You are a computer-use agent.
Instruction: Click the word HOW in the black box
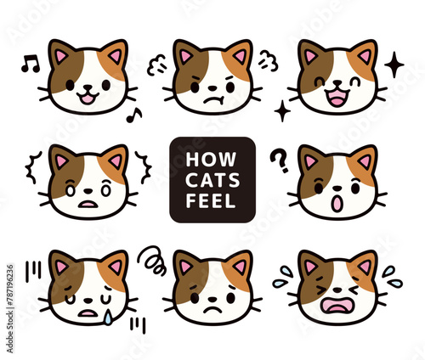click(x=211, y=160)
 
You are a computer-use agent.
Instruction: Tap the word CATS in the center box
click(x=212, y=180)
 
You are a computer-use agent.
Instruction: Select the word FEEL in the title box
click(x=211, y=201)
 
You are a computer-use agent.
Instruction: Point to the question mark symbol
click(x=279, y=160)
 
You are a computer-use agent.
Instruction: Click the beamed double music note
click(x=31, y=64)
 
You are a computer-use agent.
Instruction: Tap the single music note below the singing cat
click(x=133, y=115)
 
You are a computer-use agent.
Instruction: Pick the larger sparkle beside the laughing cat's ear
click(x=394, y=65)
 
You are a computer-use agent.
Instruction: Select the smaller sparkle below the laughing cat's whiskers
click(x=282, y=111)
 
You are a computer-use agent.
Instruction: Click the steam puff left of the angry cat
click(x=156, y=65)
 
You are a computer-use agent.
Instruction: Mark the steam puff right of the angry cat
click(x=269, y=60)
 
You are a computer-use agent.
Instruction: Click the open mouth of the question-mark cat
click(x=337, y=204)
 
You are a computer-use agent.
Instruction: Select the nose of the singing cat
click(x=88, y=87)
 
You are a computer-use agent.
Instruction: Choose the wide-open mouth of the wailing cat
click(x=337, y=306)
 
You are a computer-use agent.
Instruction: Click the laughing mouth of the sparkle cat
click(x=337, y=98)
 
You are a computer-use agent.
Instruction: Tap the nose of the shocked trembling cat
click(x=88, y=191)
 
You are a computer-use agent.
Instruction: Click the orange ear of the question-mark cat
click(x=365, y=160)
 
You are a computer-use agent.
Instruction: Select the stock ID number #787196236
click(x=10, y=326)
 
